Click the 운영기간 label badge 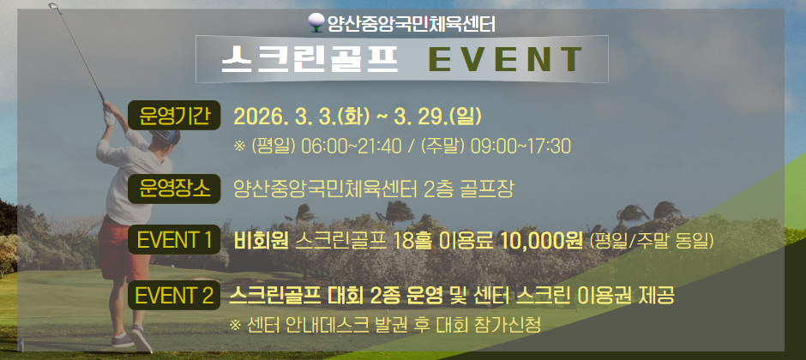[x=175, y=117]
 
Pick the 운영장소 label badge [x=175, y=188]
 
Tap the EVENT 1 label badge [x=175, y=239]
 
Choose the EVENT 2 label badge [x=175, y=296]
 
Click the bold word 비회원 [x=261, y=240]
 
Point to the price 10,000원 [x=544, y=240]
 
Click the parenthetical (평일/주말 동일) [x=652, y=241]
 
